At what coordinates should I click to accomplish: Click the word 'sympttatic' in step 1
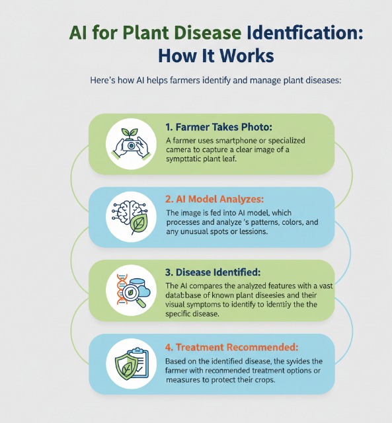(x=186, y=161)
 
